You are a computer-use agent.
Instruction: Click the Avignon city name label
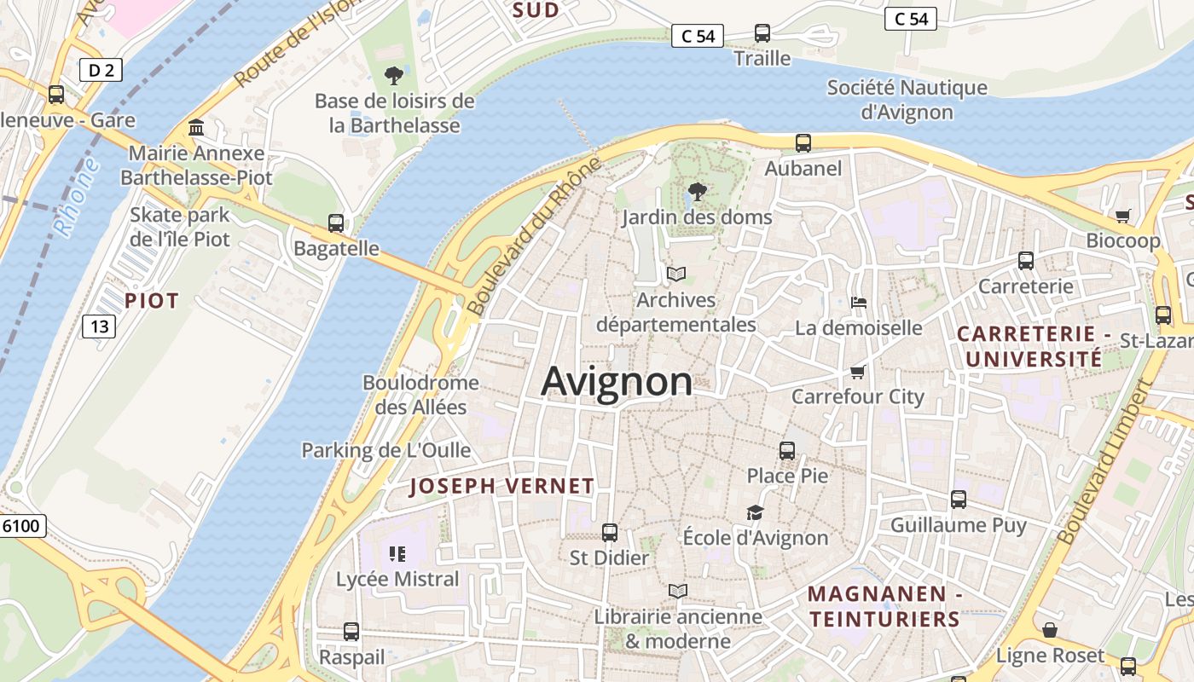617,381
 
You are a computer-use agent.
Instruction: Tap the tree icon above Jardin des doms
698,192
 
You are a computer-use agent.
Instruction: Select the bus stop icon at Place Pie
787,450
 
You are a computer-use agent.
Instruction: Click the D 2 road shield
101,70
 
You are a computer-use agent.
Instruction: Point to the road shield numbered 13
100,326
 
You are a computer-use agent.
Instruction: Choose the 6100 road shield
21,526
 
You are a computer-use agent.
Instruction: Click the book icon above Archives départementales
676,274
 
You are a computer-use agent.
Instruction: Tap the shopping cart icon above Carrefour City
858,372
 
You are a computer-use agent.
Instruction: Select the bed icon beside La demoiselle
859,303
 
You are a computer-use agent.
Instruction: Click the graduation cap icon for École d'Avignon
755,512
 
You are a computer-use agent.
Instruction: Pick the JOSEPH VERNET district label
501,487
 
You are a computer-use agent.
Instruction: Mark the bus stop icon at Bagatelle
336,223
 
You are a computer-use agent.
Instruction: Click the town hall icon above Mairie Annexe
197,128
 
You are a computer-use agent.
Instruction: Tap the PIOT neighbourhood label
152,301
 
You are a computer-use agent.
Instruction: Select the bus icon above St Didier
610,533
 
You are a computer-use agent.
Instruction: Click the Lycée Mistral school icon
397,554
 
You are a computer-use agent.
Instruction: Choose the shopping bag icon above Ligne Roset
1050,630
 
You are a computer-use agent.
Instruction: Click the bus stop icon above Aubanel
803,143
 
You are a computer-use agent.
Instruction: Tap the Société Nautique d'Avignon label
907,100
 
